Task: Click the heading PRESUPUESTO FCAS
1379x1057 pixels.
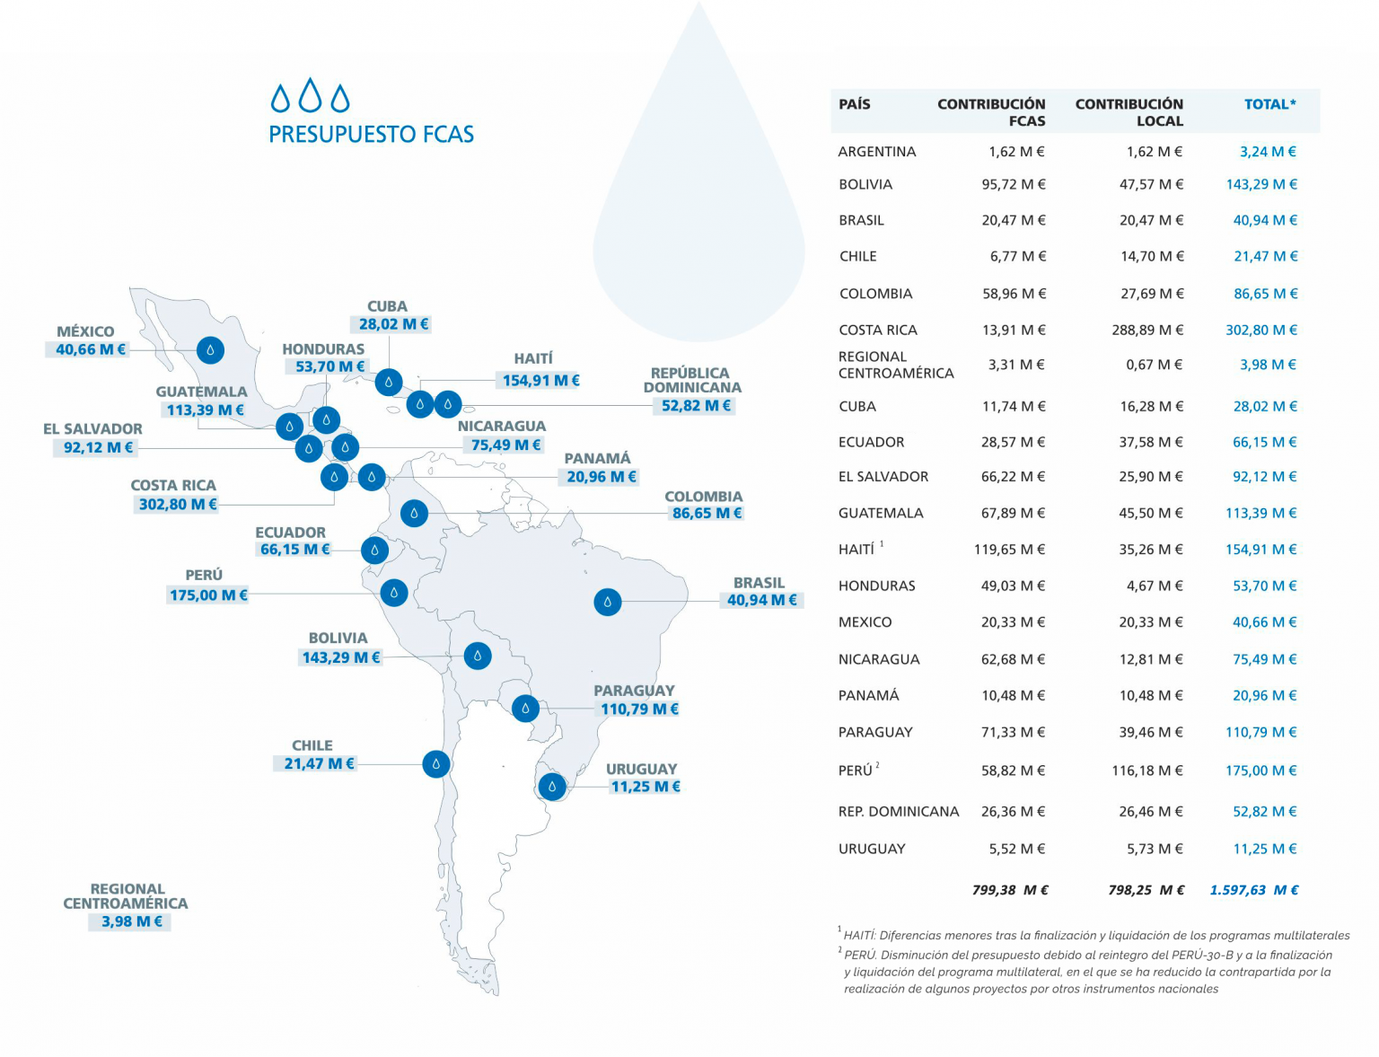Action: click(371, 135)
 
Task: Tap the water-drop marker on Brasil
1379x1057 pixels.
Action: click(608, 602)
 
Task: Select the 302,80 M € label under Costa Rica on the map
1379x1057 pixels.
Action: click(178, 505)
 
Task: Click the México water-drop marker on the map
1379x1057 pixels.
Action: click(210, 349)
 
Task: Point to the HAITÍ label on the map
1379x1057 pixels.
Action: click(533, 358)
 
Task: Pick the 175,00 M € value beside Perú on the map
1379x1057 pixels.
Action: click(208, 595)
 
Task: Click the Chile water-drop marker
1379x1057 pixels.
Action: click(436, 764)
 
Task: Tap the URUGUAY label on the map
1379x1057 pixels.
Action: click(641, 769)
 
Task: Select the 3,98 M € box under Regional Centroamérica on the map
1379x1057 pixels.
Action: click(131, 921)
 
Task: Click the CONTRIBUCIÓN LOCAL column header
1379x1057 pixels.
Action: click(1129, 112)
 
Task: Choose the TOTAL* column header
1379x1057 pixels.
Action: click(1269, 104)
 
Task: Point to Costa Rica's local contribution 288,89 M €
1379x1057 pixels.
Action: click(1147, 330)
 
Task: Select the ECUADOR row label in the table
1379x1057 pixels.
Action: click(871, 442)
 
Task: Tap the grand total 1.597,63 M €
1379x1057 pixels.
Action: click(1253, 890)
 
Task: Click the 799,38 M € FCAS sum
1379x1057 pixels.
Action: click(1010, 890)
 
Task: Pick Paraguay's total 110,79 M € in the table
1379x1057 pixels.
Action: click(1260, 732)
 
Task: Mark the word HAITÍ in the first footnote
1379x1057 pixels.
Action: click(858, 936)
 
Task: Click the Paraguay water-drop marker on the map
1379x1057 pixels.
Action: click(525, 708)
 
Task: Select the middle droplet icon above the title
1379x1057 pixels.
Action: click(311, 94)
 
